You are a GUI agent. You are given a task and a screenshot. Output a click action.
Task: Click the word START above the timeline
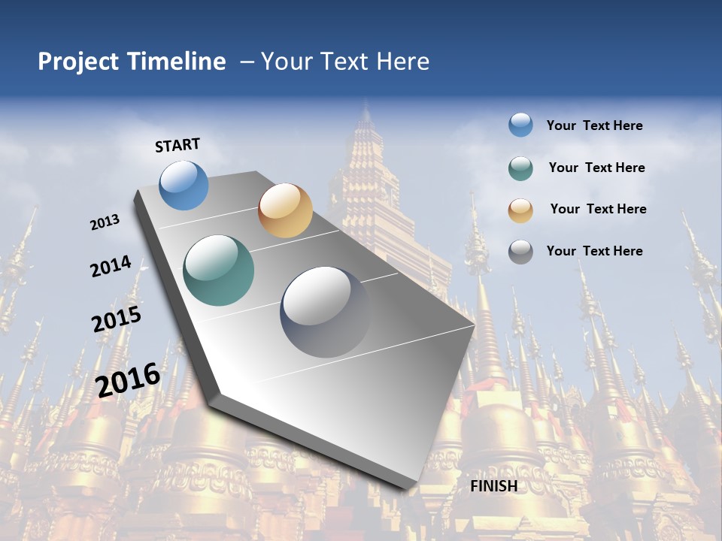[x=177, y=145]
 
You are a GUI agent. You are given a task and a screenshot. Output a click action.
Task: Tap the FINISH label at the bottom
[x=493, y=486]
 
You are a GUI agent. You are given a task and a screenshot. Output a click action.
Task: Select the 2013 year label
[x=105, y=222]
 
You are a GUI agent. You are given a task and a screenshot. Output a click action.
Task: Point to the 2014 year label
[x=111, y=267]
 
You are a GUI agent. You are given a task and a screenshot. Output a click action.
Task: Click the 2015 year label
[x=117, y=319]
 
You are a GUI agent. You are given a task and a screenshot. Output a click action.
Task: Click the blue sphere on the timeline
[x=184, y=186]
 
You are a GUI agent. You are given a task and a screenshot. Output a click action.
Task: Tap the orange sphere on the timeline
[x=285, y=210]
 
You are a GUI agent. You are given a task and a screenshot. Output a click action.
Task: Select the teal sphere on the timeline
[x=219, y=270]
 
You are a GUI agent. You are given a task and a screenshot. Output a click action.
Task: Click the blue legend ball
[x=520, y=125]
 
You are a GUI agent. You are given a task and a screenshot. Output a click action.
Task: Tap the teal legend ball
[x=520, y=168]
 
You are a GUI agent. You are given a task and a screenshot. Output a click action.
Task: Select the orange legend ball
[x=520, y=210]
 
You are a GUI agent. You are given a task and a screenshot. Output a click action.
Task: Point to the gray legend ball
[x=520, y=252]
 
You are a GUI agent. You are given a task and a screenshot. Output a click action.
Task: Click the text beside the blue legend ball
[x=594, y=125]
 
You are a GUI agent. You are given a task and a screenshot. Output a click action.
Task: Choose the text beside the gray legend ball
[x=594, y=251]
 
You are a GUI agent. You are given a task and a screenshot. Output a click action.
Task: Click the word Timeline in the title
[x=177, y=62]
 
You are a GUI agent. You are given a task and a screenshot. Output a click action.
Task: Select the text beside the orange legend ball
[x=598, y=209]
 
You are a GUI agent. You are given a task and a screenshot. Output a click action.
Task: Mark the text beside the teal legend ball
[x=596, y=168]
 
